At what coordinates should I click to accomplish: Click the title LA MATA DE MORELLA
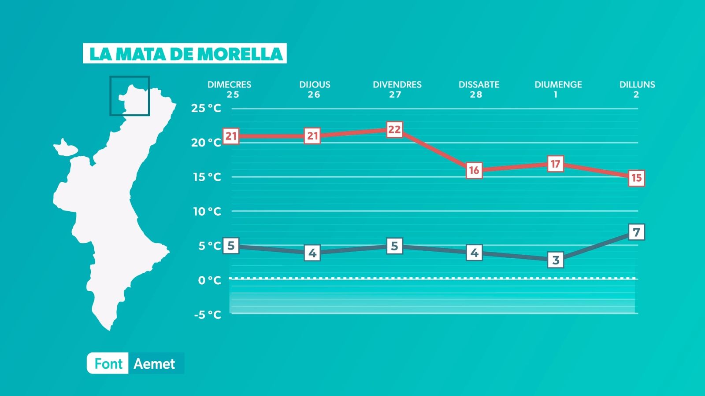(185, 53)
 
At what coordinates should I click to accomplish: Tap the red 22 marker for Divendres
(394, 129)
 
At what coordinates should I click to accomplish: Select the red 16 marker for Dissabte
(474, 170)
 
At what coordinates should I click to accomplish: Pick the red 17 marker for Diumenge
(555, 164)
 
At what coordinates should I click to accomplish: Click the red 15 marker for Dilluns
(636, 178)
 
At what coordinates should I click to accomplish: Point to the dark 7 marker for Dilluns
(636, 232)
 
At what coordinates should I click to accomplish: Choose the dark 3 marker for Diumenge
(556, 260)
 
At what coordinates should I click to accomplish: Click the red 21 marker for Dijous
(312, 136)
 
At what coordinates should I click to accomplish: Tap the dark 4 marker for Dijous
(312, 253)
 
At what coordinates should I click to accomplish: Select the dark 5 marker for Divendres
(394, 246)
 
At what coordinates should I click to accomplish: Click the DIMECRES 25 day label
(230, 89)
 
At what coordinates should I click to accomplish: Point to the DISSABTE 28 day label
(479, 89)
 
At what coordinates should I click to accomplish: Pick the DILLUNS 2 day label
(637, 89)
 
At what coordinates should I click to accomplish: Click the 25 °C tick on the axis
(206, 108)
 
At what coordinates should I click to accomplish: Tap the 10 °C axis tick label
(207, 211)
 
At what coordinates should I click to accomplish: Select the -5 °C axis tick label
(207, 315)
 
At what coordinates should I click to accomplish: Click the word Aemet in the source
(154, 364)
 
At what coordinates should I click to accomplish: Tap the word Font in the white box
(108, 364)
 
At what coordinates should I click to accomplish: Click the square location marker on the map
(130, 96)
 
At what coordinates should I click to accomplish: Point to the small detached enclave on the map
(65, 148)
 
